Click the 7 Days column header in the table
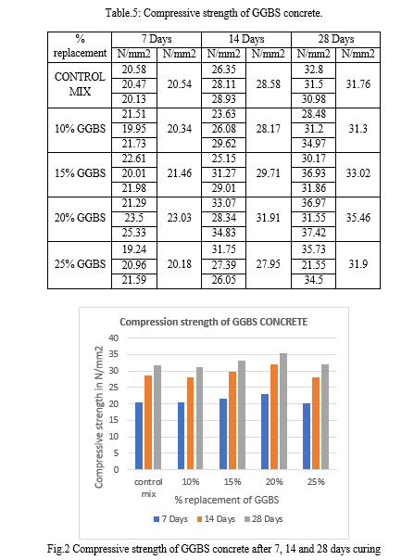pyautogui.click(x=157, y=39)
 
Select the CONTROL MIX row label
pyautogui.click(x=80, y=84)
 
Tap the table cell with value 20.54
pyautogui.click(x=179, y=84)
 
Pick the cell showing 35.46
pyautogui.click(x=358, y=218)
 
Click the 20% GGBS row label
pyautogui.click(x=80, y=218)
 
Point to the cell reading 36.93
pyautogui.click(x=313, y=173)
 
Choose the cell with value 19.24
pyautogui.click(x=134, y=248)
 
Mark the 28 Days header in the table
pyautogui.click(x=336, y=39)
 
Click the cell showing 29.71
pyautogui.click(x=268, y=173)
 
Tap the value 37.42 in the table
pyautogui.click(x=313, y=233)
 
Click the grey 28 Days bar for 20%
pyautogui.click(x=283, y=411)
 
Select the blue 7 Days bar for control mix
pyautogui.click(x=139, y=436)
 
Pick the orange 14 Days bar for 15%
pyautogui.click(x=232, y=420)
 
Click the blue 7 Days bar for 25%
pyautogui.click(x=307, y=436)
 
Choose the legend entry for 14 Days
pyautogui.click(x=216, y=519)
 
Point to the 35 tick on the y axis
pyautogui.click(x=114, y=354)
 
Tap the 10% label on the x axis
pyautogui.click(x=190, y=482)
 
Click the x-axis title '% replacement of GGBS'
pyautogui.click(x=227, y=500)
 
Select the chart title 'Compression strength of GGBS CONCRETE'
pyautogui.click(x=213, y=322)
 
